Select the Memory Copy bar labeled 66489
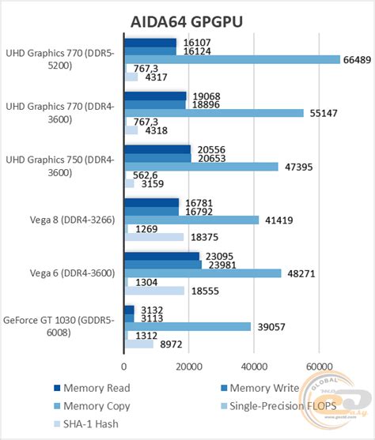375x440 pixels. [x=232, y=59]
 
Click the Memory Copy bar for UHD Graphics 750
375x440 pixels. [x=201, y=167]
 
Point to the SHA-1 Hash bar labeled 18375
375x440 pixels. [x=153, y=237]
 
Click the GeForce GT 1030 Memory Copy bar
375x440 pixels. [x=187, y=326]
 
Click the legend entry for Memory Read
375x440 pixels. [x=91, y=388]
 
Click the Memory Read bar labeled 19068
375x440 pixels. [x=155, y=96]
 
